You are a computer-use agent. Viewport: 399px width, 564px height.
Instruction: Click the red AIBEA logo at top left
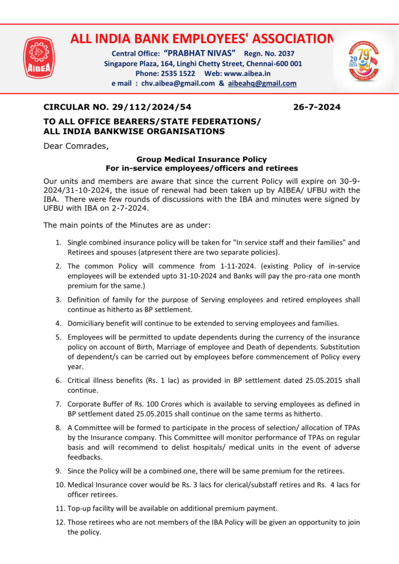tap(38, 57)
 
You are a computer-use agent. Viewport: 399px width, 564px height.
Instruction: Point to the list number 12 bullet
tap(60, 522)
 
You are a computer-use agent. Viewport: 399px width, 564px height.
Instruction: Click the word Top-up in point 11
tap(79, 508)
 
